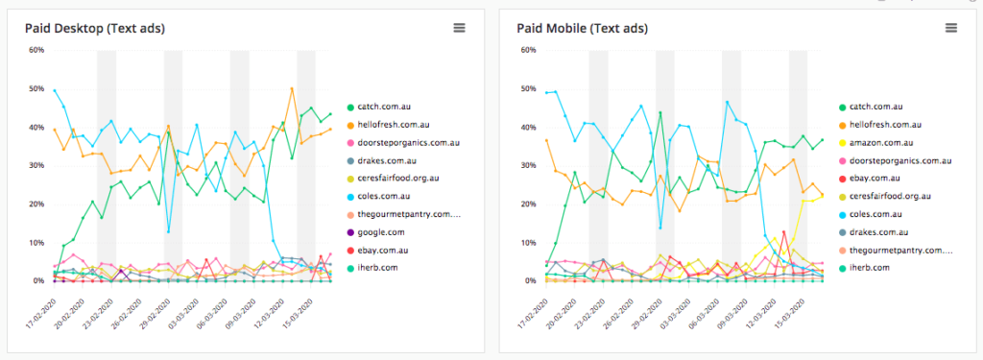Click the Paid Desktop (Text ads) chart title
coord(94,28)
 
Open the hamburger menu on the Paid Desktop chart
coord(460,28)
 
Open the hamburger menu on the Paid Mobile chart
coord(951,28)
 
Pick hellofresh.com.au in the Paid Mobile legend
coord(882,124)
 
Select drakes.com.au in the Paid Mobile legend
coord(878,231)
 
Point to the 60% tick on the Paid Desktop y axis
coord(37,50)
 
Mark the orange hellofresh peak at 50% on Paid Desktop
coord(292,88)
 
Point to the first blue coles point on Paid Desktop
coord(55,91)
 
